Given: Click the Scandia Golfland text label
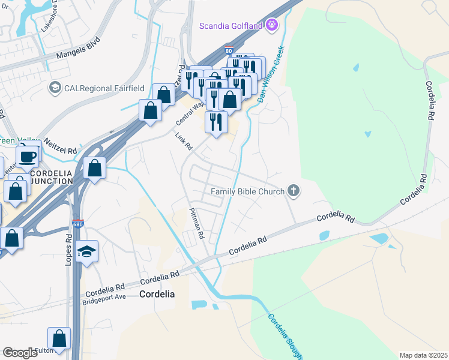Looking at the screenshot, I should (x=231, y=25).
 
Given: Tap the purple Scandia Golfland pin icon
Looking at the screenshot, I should (x=272, y=25).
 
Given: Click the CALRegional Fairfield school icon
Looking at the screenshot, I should (x=56, y=88).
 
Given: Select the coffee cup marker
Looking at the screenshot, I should (x=27, y=157).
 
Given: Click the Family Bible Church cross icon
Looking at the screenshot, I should (x=293, y=191).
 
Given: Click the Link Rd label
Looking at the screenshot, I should (x=184, y=142).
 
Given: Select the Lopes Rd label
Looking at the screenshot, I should (x=69, y=246).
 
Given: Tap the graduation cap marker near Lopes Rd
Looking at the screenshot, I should (x=86, y=252).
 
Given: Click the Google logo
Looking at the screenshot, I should (x=20, y=353).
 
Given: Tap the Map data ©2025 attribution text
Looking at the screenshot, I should (x=423, y=355).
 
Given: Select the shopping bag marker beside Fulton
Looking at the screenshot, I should (x=59, y=338).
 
